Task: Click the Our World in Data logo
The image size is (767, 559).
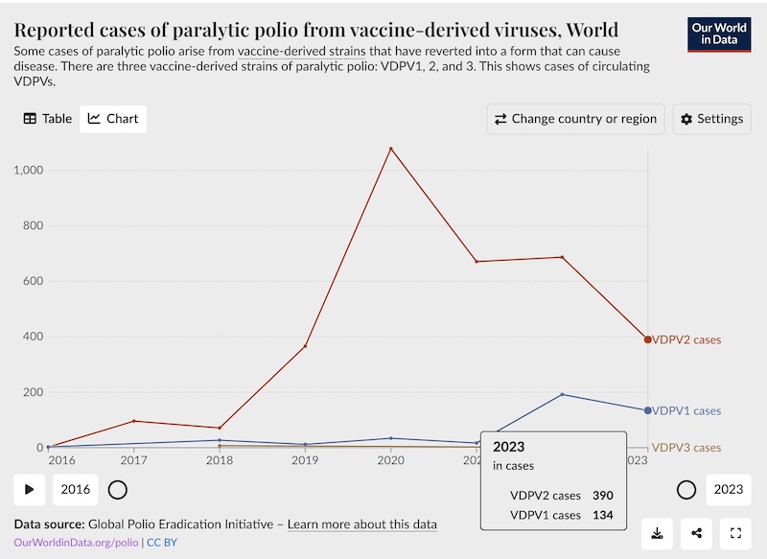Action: click(719, 35)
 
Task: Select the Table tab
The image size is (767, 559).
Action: click(47, 119)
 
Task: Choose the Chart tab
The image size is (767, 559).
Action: click(113, 119)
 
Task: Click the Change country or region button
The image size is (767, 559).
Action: click(575, 119)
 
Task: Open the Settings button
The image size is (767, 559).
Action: click(711, 119)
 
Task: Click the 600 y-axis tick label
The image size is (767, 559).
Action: click(32, 282)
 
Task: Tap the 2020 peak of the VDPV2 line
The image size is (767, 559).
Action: click(390, 149)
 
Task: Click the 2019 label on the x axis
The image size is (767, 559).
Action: click(305, 461)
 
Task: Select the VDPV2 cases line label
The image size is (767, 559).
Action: click(686, 339)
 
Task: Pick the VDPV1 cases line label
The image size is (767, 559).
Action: click(686, 410)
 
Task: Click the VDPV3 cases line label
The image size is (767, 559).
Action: click(686, 448)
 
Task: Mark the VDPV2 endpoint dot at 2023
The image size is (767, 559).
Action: click(648, 339)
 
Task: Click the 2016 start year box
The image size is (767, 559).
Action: click(76, 489)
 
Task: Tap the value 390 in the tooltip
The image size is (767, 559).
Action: click(602, 496)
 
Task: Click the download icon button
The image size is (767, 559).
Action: click(658, 533)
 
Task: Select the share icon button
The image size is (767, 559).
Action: click(697, 533)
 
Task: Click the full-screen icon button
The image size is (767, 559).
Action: click(736, 533)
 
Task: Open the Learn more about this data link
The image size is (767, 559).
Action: click(362, 524)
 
